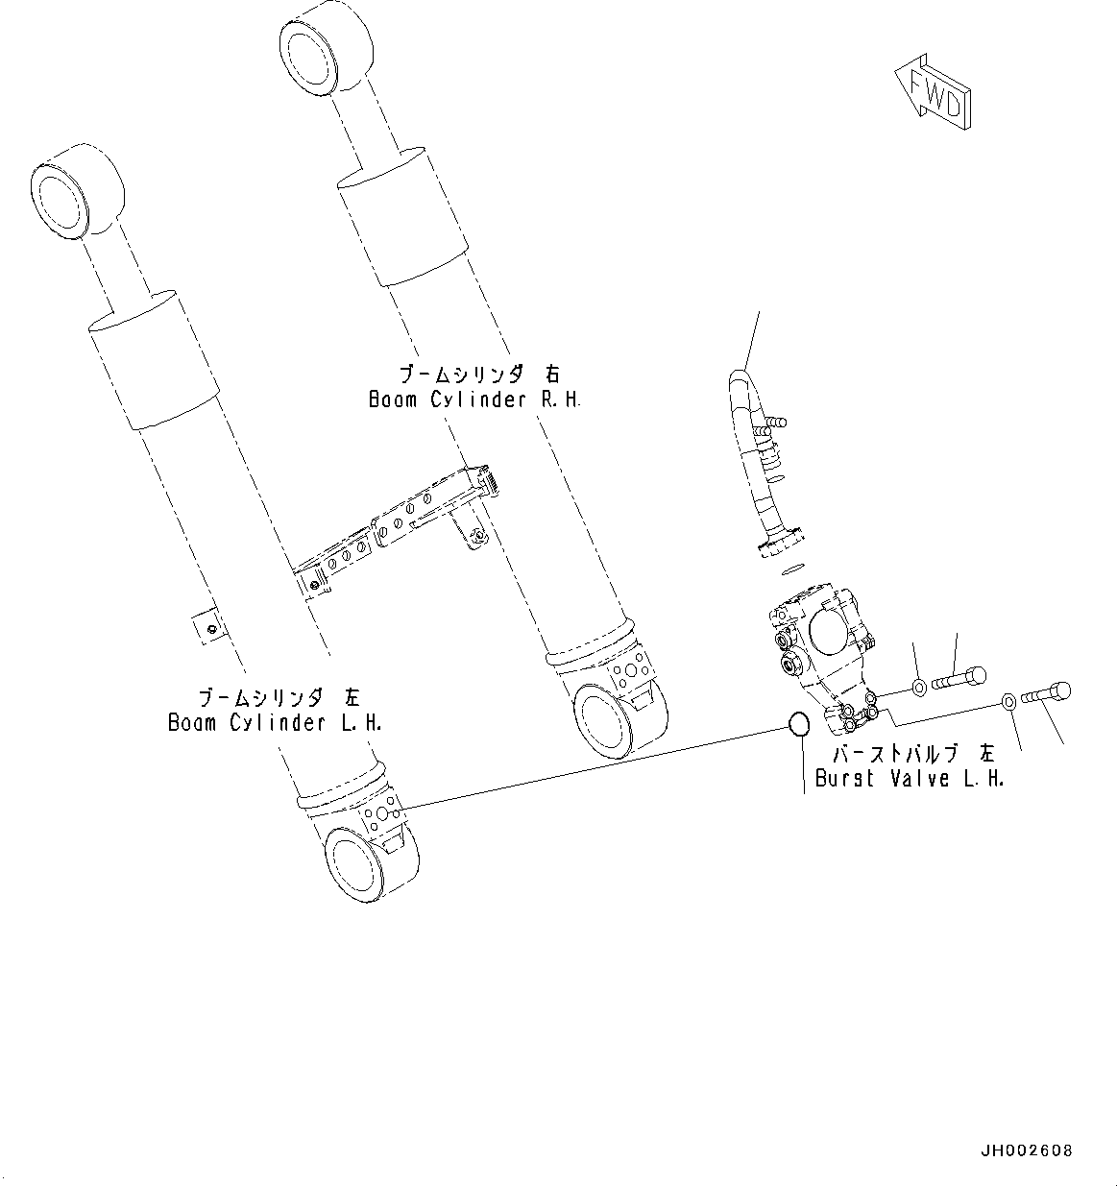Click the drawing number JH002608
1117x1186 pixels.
[x=1026, y=1150]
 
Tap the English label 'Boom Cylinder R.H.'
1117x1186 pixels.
[x=474, y=399]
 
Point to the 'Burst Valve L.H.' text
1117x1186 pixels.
[x=909, y=779]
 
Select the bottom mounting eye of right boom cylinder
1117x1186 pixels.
[x=616, y=716]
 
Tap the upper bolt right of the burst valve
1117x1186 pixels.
[x=960, y=679]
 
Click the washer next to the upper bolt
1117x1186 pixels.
[x=918, y=687]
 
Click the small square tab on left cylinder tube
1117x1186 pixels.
[x=207, y=626]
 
